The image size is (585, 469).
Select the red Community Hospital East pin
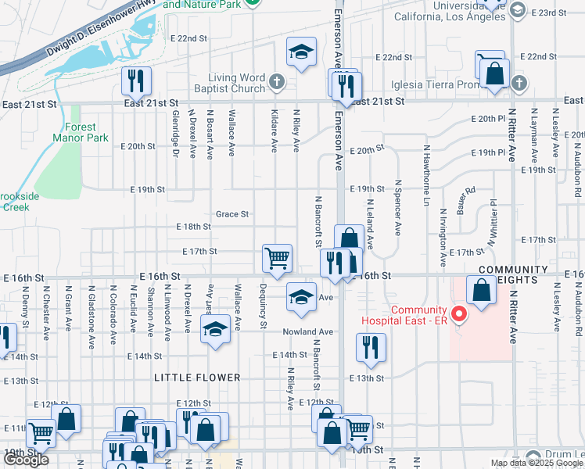tap(460, 316)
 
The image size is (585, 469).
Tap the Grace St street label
tap(232, 214)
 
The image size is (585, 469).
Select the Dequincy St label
tap(264, 312)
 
